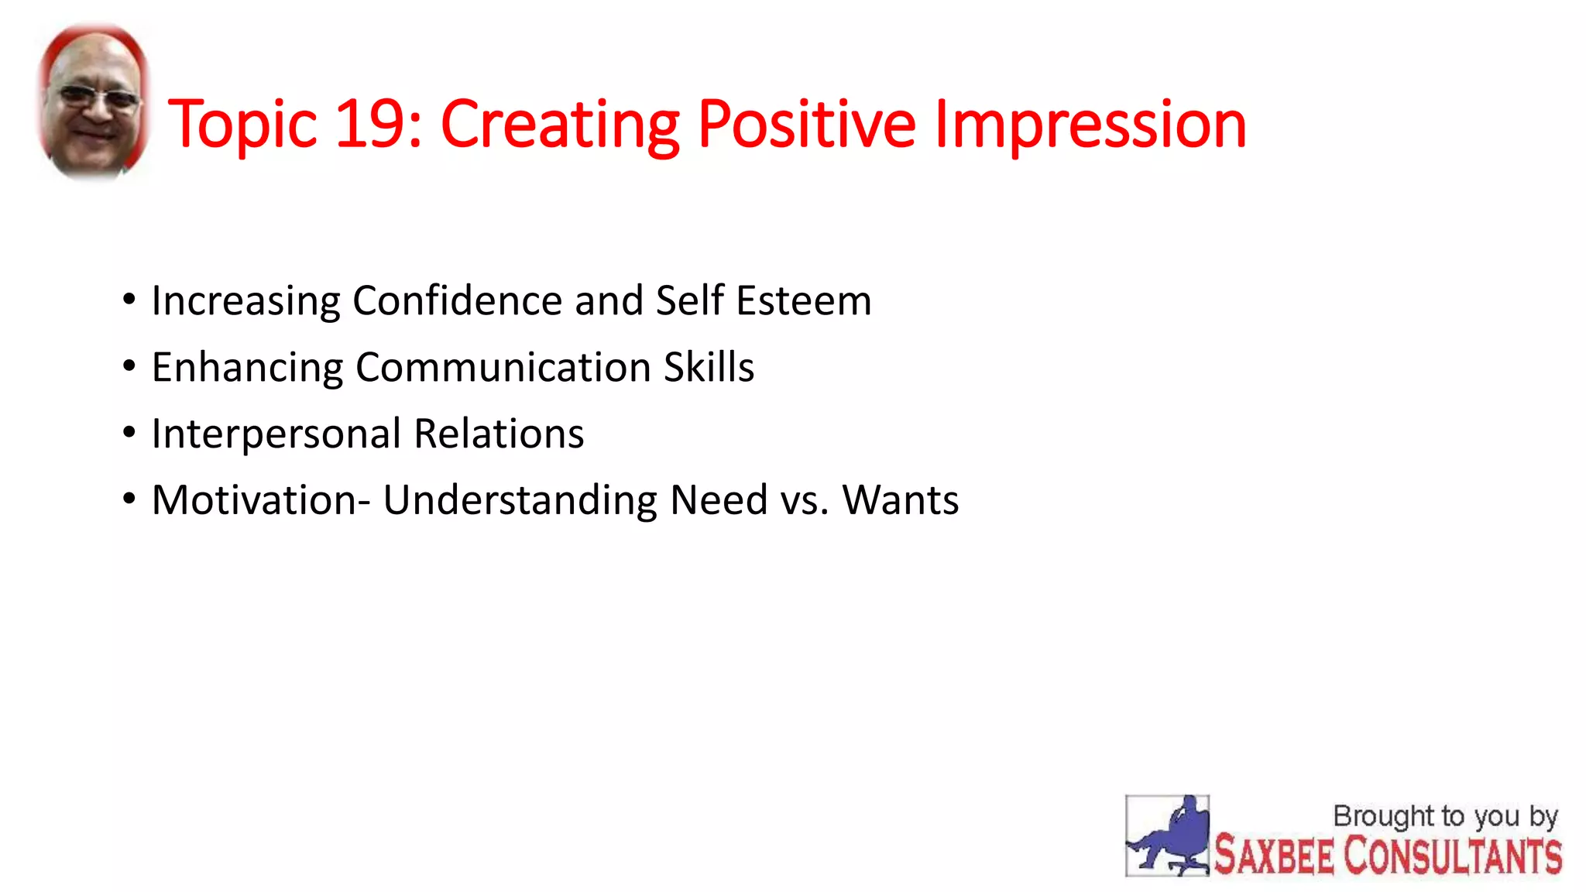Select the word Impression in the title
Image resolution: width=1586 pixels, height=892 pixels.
pos(1090,124)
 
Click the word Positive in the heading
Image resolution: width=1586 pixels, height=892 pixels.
pos(806,124)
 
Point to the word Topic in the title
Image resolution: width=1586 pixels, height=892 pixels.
pos(242,124)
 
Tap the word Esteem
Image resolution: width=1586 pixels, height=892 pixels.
pos(803,300)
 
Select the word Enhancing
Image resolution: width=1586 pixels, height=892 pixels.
pos(247,367)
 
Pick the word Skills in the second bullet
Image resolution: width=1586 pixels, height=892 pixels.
pos(709,367)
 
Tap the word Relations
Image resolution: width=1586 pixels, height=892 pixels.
pos(499,434)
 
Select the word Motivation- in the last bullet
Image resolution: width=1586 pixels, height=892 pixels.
pos(261,500)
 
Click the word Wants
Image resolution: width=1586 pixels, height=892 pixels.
pos(901,500)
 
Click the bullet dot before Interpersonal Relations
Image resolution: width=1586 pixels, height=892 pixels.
pos(129,432)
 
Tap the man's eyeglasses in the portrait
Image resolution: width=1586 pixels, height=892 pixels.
pos(98,98)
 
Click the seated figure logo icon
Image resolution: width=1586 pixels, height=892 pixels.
pos(1167,836)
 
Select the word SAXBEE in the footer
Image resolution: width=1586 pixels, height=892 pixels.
pos(1274,856)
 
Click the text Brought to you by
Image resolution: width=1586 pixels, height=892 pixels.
pos(1445,816)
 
